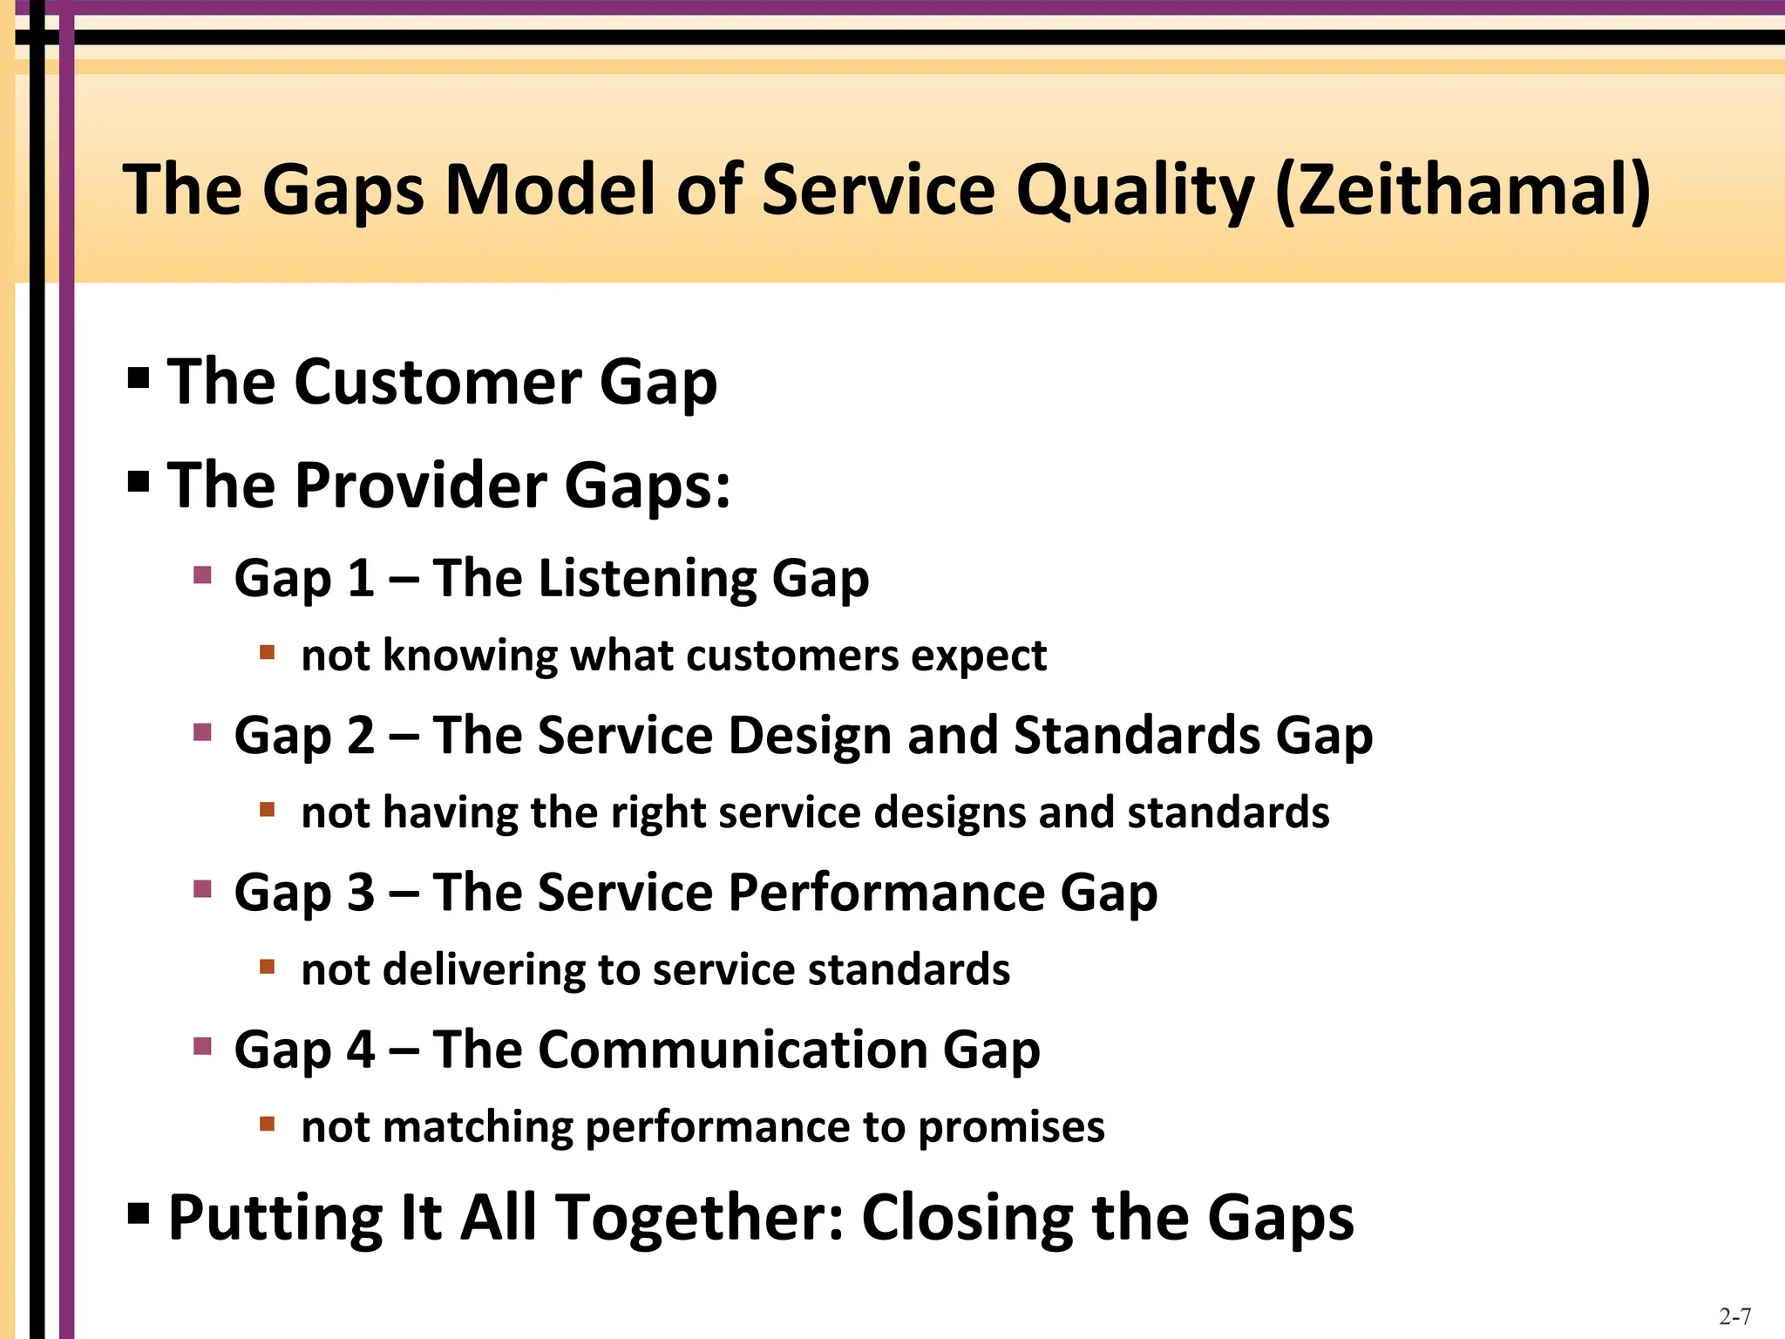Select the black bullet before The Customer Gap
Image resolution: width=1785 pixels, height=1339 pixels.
point(139,377)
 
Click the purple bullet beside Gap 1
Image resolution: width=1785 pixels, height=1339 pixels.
point(202,574)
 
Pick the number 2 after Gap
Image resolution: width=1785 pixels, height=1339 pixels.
point(361,735)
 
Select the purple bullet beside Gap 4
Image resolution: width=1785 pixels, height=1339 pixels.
point(202,1045)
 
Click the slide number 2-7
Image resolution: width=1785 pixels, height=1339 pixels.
point(1734,1316)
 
